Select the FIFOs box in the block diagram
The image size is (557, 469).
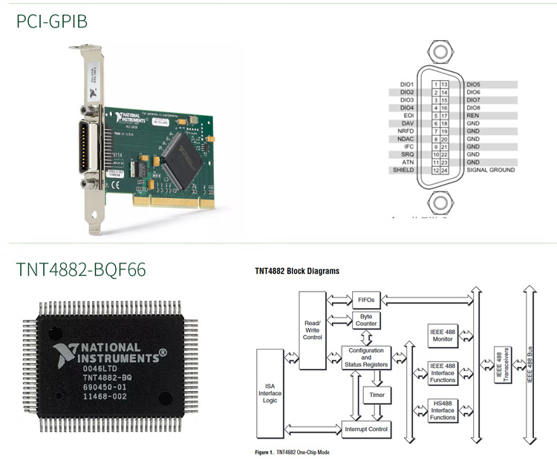click(x=365, y=300)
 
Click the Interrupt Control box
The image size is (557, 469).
click(x=366, y=429)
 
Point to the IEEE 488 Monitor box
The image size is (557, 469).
click(x=443, y=334)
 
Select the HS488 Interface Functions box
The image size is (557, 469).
click(x=443, y=410)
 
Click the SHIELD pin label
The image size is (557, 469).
click(x=403, y=170)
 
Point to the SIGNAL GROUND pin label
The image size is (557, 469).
click(x=490, y=170)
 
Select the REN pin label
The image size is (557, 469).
click(x=474, y=115)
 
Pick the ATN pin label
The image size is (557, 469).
click(x=407, y=162)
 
